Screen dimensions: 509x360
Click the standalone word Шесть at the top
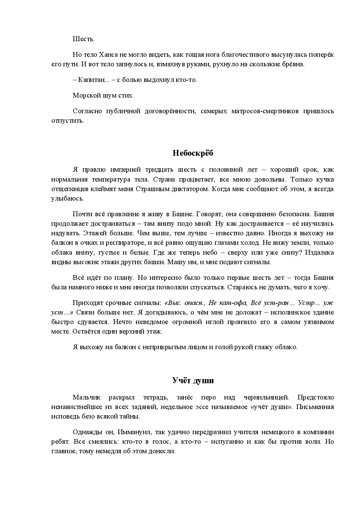[x=83, y=39]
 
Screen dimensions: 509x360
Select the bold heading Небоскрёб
[x=193, y=153]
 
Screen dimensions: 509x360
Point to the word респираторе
[x=120, y=243]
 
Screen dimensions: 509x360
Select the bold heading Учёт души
[x=193, y=380]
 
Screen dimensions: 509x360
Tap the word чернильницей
[x=266, y=397]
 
